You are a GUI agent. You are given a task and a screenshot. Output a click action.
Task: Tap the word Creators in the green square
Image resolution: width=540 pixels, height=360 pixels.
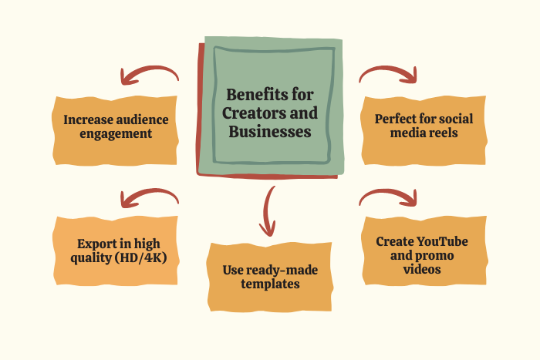pyautogui.click(x=254, y=113)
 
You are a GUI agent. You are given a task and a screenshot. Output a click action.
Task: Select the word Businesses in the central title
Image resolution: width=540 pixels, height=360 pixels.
pyautogui.click(x=270, y=132)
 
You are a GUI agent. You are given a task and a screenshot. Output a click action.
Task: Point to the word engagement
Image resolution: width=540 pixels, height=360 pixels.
pyautogui.click(x=116, y=134)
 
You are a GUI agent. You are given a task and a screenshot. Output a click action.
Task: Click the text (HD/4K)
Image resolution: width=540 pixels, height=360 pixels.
pyautogui.click(x=141, y=257)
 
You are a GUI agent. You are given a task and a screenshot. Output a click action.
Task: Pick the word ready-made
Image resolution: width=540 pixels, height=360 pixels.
pyautogui.click(x=282, y=270)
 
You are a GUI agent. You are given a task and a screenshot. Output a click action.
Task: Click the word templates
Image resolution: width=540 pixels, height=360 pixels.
pyautogui.click(x=270, y=284)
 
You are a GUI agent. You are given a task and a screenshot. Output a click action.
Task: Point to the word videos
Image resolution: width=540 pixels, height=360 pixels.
pyautogui.click(x=422, y=269)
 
